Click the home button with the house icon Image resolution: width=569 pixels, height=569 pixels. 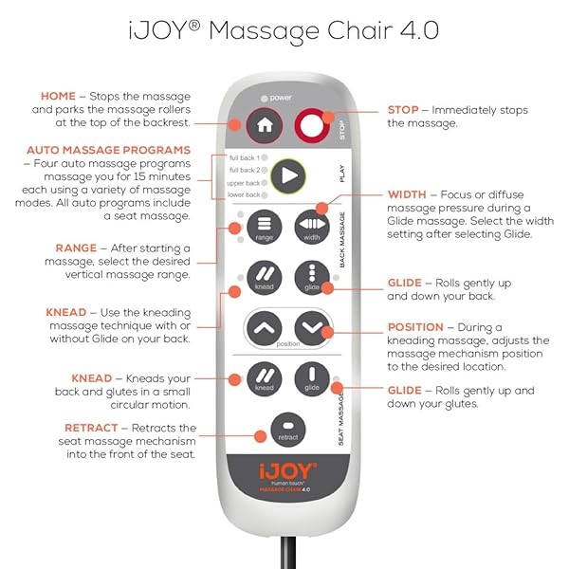coord(265,124)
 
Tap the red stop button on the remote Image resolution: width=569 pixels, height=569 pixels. coord(310,124)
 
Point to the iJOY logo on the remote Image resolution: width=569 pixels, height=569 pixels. coord(286,468)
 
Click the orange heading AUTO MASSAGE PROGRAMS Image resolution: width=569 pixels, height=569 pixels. coord(109,150)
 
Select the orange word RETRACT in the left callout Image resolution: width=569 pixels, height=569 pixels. coord(92,428)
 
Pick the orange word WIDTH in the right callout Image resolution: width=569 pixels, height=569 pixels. coord(407,194)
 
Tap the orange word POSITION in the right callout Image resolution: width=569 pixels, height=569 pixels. coord(415,327)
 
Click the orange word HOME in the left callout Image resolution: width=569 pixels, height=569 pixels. coord(58,96)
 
